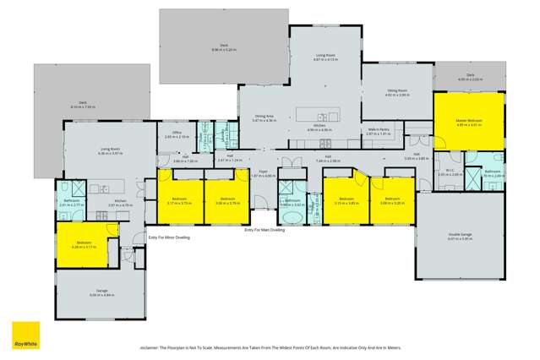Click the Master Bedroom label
468,121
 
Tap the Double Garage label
459,236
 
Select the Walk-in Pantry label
378,129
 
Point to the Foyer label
262,171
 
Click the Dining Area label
265,117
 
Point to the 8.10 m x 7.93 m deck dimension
84,107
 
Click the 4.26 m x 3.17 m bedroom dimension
85,247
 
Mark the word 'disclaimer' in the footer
153,347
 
